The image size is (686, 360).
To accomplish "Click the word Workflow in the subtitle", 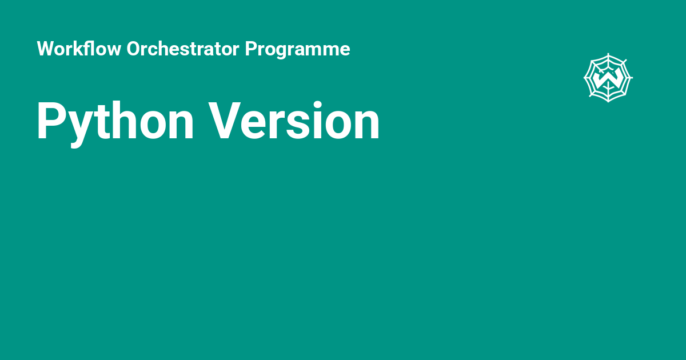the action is tap(79, 49).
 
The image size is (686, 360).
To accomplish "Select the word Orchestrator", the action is tap(183, 49).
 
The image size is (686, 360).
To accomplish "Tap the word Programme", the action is tap(297, 49).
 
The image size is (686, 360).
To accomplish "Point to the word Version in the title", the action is tap(294, 121).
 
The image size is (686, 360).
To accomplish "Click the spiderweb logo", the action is tap(608, 78).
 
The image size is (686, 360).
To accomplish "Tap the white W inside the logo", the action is tap(608, 79).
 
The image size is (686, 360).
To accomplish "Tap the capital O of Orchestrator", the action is tap(134, 49).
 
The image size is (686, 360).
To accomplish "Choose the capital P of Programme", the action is tap(251, 49).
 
